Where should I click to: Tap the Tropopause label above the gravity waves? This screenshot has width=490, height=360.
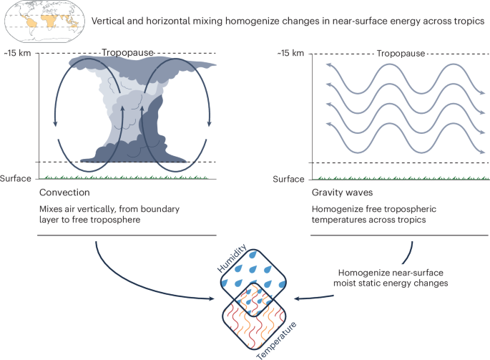[400, 53]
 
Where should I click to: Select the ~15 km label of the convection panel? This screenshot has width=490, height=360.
[18, 53]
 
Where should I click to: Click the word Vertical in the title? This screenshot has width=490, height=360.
[111, 20]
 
